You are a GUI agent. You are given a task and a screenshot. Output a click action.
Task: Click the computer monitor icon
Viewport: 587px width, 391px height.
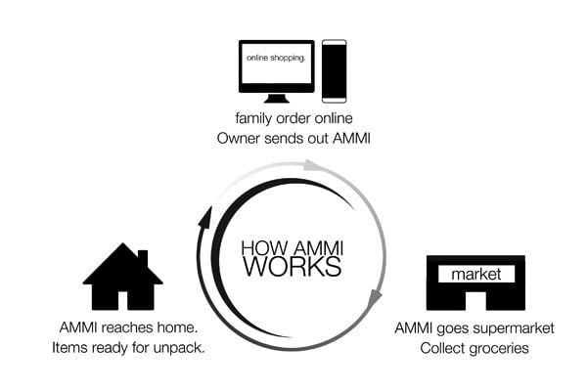coord(277,66)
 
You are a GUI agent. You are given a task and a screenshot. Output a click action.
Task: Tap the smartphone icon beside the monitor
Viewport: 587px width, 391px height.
coord(334,71)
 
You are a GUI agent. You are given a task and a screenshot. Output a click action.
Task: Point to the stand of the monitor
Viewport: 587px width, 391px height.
coord(277,98)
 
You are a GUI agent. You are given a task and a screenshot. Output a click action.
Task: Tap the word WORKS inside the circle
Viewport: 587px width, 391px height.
coord(293,266)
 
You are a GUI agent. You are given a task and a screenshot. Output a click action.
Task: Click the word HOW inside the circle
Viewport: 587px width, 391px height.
coord(261,247)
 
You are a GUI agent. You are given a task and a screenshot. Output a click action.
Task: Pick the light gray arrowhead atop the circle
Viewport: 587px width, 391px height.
coord(311,164)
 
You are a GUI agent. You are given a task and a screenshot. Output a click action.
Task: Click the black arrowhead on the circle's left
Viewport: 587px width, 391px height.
coord(205,218)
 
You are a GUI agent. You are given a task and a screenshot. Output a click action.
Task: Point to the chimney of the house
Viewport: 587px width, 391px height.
coord(143,258)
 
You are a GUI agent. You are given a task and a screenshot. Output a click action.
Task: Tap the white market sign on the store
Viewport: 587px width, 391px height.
coord(476,275)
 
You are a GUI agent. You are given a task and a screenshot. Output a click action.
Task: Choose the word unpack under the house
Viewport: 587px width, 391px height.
coord(180,347)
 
